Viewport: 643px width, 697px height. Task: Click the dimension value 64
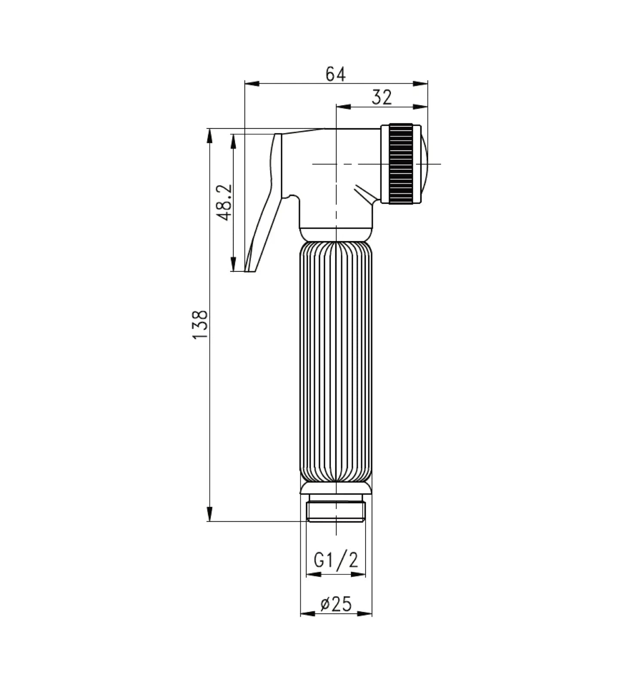click(335, 74)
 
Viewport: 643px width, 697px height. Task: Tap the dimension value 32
click(382, 97)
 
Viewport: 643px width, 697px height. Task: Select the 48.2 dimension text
click(224, 202)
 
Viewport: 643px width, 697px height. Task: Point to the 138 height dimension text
click(201, 325)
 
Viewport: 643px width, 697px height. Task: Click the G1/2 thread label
click(336, 560)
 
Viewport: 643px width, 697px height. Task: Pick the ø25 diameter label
click(336, 604)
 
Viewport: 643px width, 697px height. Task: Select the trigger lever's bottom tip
click(250, 271)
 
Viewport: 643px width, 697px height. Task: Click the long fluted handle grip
click(336, 361)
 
